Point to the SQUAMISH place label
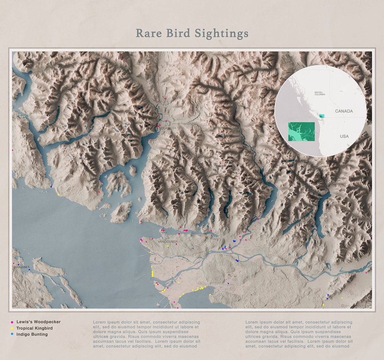point(167,128)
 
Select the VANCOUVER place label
point(168,242)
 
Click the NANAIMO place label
point(21,267)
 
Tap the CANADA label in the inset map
point(344,111)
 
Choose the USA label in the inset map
point(344,136)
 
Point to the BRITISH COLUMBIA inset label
point(320,93)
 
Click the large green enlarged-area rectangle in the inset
point(301,132)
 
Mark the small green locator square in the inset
point(322,116)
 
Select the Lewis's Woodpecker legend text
point(38,322)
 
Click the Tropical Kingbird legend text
point(35,328)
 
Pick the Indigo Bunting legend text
point(32,334)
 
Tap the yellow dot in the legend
point(12,328)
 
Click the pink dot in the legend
point(12,322)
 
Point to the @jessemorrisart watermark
point(356,306)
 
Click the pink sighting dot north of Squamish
point(166,99)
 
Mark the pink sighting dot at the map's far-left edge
point(12,150)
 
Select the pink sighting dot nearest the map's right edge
point(366,273)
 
